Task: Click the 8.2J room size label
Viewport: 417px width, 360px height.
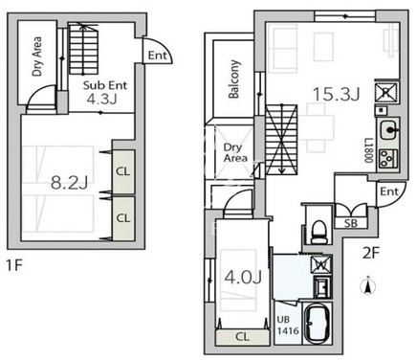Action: pyautogui.click(x=69, y=183)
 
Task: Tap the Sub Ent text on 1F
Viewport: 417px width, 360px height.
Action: pyautogui.click(x=105, y=85)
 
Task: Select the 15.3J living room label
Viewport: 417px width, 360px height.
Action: pyautogui.click(x=337, y=94)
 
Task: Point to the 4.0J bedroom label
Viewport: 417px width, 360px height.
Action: pyautogui.click(x=243, y=277)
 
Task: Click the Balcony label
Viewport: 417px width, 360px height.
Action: pyautogui.click(x=234, y=79)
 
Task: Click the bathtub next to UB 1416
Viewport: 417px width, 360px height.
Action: pyautogui.click(x=318, y=324)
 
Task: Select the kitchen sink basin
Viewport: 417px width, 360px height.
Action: pyautogui.click(x=388, y=130)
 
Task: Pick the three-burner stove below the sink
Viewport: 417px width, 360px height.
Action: pyautogui.click(x=387, y=158)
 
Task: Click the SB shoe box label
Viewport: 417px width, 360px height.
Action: pyautogui.click(x=351, y=223)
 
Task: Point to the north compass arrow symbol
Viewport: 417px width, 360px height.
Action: pyautogui.click(x=368, y=285)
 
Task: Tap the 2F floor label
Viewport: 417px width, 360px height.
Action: pyautogui.click(x=371, y=254)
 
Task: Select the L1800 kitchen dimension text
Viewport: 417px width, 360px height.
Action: pyautogui.click(x=369, y=150)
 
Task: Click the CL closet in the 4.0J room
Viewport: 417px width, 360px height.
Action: pyautogui.click(x=243, y=337)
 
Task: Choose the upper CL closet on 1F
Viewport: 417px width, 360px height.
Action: pyautogui.click(x=123, y=171)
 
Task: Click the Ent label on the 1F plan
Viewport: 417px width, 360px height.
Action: pyautogui.click(x=158, y=56)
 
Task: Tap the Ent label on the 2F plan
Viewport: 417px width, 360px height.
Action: pyautogui.click(x=389, y=191)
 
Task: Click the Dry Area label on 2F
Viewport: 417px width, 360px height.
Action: pyautogui.click(x=235, y=153)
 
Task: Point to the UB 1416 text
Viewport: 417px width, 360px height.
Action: pyautogui.click(x=288, y=325)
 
